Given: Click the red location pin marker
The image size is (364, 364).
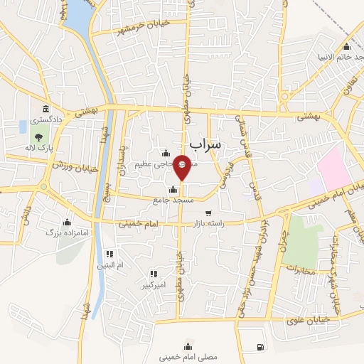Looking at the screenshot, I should click(183, 166).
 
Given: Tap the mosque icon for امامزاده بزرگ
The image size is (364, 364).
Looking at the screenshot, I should click(67, 222).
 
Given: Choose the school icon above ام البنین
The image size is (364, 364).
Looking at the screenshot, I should click(109, 254).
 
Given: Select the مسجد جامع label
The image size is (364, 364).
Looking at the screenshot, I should click(168, 201).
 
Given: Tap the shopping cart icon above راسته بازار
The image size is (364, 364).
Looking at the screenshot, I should click(208, 213).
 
